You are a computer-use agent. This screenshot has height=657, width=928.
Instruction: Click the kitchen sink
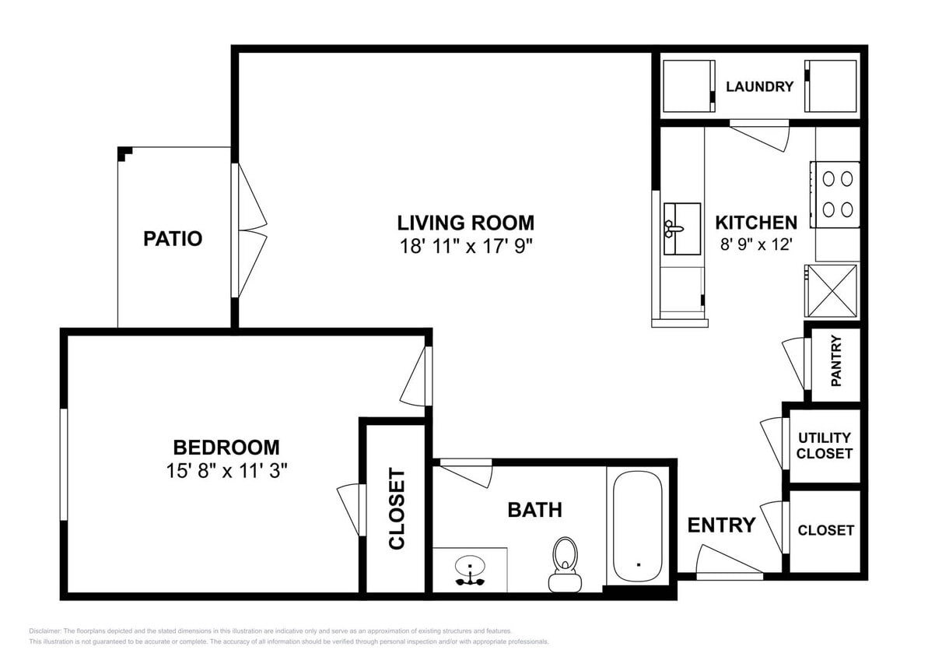[x=681, y=229]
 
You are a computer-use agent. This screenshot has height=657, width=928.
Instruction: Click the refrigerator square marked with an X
[x=832, y=290]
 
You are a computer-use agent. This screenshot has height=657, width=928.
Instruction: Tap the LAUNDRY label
[x=759, y=86]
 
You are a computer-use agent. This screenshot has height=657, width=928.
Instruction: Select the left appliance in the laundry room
[x=688, y=86]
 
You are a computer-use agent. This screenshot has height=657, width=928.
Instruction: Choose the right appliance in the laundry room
[x=831, y=86]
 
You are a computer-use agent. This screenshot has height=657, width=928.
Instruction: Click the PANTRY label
[x=836, y=360]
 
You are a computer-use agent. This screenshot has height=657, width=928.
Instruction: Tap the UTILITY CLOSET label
[x=825, y=445]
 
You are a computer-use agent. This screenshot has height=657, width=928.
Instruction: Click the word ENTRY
[x=721, y=525]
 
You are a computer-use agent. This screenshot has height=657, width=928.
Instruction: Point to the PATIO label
[x=173, y=239]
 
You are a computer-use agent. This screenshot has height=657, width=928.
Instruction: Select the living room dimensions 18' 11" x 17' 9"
[x=465, y=246]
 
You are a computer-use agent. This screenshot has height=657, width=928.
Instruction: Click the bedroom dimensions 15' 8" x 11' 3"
[x=226, y=470]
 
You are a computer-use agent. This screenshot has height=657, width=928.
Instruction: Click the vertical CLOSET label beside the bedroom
[x=397, y=509]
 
